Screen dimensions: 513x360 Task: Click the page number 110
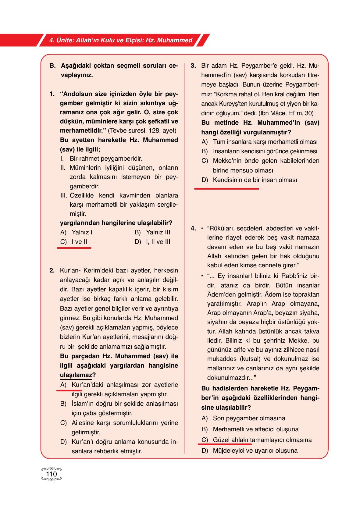click(51, 474)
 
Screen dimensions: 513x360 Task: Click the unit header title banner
click(121, 40)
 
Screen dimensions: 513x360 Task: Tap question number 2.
click(52, 270)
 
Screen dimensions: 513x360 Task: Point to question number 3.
click(193, 66)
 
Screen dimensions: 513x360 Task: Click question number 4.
click(193, 228)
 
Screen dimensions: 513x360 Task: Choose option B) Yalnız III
click(152, 232)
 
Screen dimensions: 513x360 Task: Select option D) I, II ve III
click(152, 242)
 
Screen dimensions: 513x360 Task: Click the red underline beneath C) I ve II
click(74, 248)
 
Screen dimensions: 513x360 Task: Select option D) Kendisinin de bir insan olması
click(249, 180)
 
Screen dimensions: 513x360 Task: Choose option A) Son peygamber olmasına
click(243, 418)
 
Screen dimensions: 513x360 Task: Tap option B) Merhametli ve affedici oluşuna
click(250, 429)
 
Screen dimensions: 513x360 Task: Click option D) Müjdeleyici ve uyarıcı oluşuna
click(249, 451)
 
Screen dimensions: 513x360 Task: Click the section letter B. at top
click(52, 66)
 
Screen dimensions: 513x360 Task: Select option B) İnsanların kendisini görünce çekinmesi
click(259, 151)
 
